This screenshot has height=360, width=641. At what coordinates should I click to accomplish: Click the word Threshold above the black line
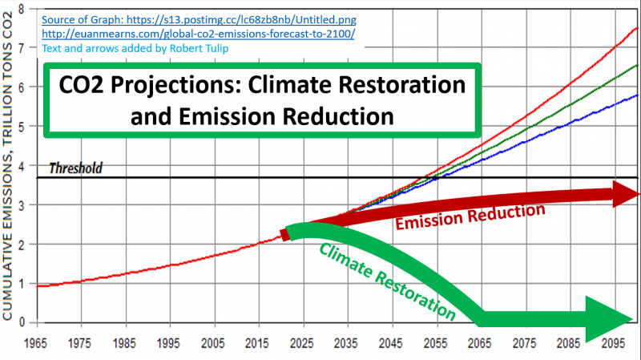pyautogui.click(x=75, y=168)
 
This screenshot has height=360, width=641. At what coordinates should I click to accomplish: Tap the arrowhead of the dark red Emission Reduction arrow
pyautogui.click(x=625, y=193)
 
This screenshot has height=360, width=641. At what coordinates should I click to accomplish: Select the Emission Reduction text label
pyautogui.click(x=471, y=216)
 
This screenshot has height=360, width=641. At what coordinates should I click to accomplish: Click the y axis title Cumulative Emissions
pyautogui.click(x=9, y=168)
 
